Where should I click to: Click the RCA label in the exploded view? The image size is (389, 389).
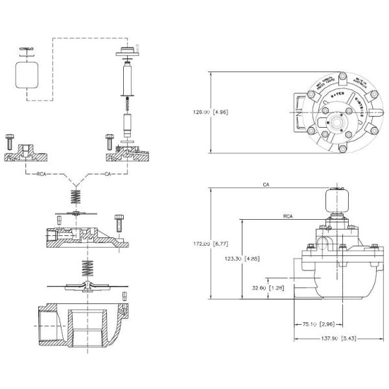click(x=41, y=174)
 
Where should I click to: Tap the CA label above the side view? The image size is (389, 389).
click(x=266, y=185)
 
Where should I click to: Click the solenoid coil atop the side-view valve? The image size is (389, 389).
click(x=336, y=199)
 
